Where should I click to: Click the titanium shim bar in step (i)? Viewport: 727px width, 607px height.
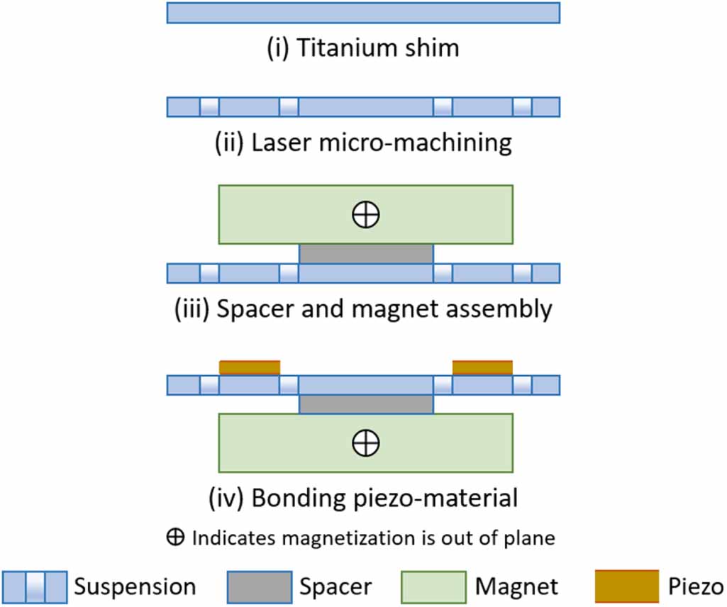pyautogui.click(x=363, y=13)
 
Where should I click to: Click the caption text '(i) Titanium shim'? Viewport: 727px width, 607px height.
pyautogui.click(x=363, y=48)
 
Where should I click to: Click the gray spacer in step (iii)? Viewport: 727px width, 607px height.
pyautogui.click(x=366, y=254)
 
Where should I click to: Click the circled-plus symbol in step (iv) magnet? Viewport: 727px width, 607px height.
pyautogui.click(x=366, y=443)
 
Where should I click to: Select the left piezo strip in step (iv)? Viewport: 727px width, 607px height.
pyautogui.click(x=250, y=367)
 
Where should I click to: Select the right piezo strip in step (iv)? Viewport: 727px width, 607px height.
pyautogui.click(x=482, y=367)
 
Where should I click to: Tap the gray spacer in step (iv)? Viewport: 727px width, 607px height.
pyautogui.click(x=366, y=403)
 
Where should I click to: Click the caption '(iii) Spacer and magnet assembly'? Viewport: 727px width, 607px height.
pyautogui.click(x=363, y=310)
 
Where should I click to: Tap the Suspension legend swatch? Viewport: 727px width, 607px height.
pyautogui.click(x=35, y=586)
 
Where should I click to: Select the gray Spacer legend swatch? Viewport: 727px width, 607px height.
pyautogui.click(x=259, y=586)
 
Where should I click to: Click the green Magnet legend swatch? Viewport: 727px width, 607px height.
pyautogui.click(x=433, y=586)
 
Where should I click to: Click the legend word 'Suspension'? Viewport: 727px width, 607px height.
pyautogui.click(x=135, y=587)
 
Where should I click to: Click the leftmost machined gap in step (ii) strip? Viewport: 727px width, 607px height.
pyautogui.click(x=209, y=107)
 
